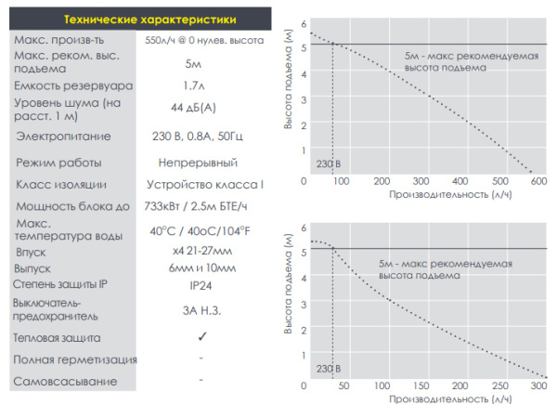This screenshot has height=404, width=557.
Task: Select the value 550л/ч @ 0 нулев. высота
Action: point(205,41)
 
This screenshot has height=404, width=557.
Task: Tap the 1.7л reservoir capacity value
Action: point(194,85)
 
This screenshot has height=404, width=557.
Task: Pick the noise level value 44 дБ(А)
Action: point(194,109)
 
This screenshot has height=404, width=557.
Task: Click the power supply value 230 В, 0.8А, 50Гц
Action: point(197,137)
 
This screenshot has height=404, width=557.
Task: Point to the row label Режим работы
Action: point(59,163)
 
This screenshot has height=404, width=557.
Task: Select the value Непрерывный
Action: point(197,163)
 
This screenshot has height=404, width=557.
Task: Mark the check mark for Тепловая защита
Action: point(201,338)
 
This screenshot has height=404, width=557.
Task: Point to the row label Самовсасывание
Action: point(65,382)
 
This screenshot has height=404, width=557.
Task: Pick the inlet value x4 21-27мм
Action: point(196,252)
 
